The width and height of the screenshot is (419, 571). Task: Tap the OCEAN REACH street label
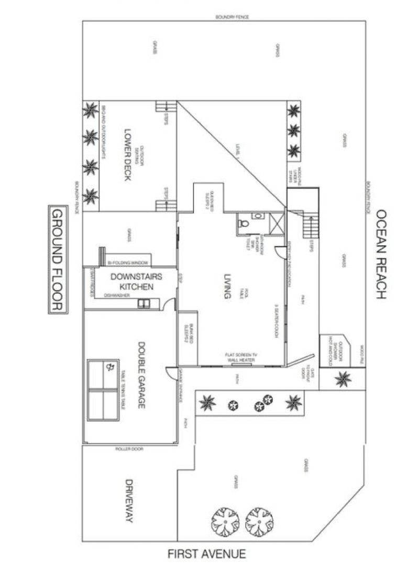(381, 254)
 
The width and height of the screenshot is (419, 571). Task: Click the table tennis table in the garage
(103, 390)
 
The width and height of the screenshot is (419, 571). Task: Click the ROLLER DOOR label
(129, 449)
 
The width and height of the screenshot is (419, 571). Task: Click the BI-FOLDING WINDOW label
(128, 263)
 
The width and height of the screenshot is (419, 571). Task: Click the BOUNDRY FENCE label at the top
(232, 17)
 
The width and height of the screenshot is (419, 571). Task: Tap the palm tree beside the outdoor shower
(343, 378)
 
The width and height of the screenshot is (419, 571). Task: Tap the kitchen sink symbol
(143, 303)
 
